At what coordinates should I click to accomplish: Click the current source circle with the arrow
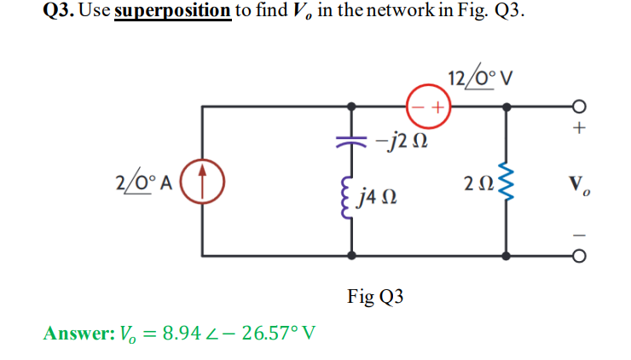pyautogui.click(x=203, y=182)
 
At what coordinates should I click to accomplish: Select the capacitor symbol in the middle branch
pyautogui.click(x=351, y=138)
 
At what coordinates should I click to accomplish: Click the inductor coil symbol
pyautogui.click(x=350, y=200)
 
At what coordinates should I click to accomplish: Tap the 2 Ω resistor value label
pyautogui.click(x=476, y=183)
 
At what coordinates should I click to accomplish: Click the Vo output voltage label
pyautogui.click(x=579, y=183)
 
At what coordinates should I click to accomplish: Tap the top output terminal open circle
pyautogui.click(x=579, y=107)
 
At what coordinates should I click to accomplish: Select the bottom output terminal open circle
pyautogui.click(x=579, y=255)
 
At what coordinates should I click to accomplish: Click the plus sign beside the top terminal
pyautogui.click(x=579, y=130)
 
